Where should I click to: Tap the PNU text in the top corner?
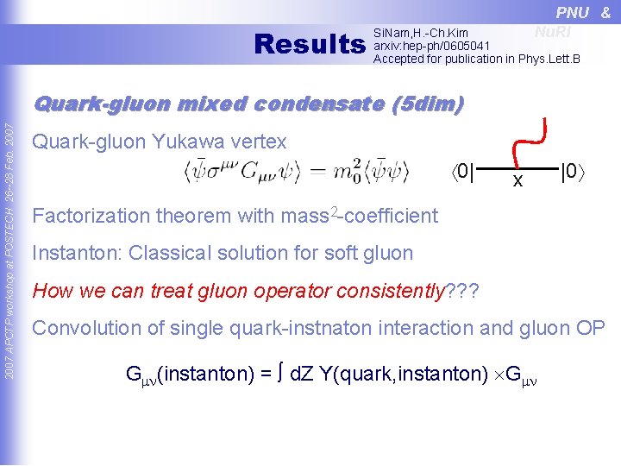point(573,12)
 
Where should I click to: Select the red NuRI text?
point(553,32)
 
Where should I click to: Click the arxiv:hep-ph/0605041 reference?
point(431,46)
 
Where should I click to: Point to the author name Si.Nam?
point(386,33)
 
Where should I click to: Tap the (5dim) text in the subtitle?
point(428,104)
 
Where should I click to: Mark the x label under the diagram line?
point(517,180)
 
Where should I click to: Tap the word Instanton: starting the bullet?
point(72,254)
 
